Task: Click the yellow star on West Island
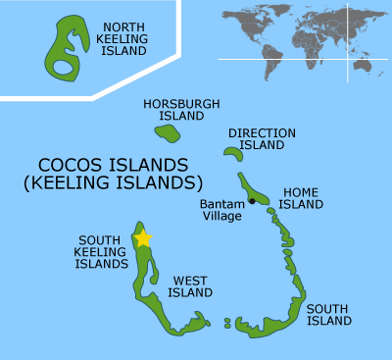click(x=143, y=237)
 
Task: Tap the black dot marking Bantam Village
click(x=252, y=201)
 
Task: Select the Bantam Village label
click(x=220, y=210)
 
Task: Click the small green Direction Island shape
click(x=232, y=152)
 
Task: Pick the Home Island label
click(x=301, y=198)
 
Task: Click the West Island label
click(x=190, y=285)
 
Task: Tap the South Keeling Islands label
click(x=103, y=251)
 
